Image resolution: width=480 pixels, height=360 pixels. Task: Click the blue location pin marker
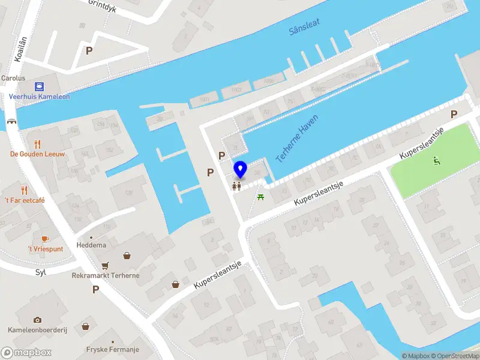(x=240, y=170)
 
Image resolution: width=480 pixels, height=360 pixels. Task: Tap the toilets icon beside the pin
(x=236, y=186)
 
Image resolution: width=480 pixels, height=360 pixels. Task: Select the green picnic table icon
(x=261, y=196)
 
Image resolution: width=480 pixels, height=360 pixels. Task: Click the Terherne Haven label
(x=297, y=137)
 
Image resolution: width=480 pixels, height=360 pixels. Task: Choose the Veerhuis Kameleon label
(x=39, y=97)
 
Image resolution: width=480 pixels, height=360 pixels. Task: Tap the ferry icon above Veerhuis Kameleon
(x=39, y=86)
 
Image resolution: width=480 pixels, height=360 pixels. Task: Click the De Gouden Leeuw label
(x=37, y=154)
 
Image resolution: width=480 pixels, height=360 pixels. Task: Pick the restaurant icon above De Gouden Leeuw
(x=37, y=143)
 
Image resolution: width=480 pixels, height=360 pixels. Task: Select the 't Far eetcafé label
(x=24, y=200)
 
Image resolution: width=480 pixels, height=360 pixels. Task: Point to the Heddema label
(x=91, y=245)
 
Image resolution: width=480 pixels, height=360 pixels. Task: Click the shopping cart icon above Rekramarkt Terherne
(x=105, y=265)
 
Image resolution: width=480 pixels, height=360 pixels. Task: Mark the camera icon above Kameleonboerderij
(x=37, y=320)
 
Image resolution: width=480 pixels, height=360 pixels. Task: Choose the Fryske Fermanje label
(x=113, y=349)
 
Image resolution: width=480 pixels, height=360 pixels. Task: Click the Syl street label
(x=40, y=272)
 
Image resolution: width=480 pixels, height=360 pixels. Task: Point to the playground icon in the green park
(x=436, y=160)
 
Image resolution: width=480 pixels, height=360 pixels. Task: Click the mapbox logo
(x=26, y=352)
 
